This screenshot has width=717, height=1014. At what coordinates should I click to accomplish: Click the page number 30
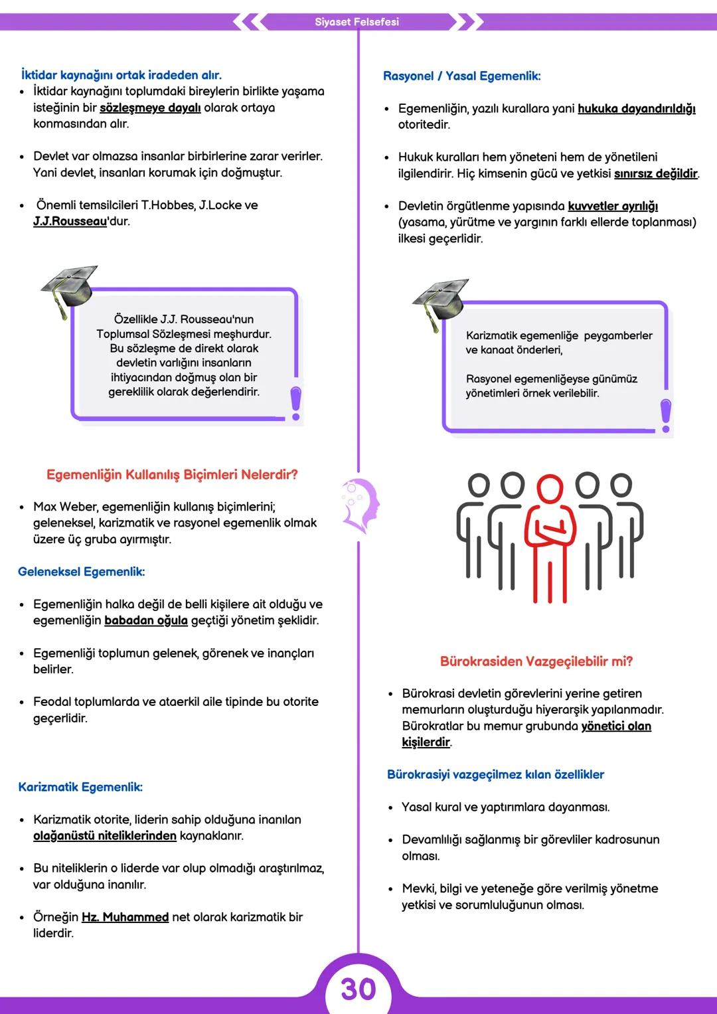point(358,989)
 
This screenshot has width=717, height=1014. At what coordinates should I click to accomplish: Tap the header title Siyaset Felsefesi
point(357,22)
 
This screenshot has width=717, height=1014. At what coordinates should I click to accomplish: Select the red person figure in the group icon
point(550,538)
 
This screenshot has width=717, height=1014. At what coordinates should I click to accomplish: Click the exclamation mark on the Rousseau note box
point(296,403)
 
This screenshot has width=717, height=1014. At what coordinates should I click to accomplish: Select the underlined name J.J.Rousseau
point(70,221)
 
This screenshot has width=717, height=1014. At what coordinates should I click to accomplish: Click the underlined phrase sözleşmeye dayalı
point(150,108)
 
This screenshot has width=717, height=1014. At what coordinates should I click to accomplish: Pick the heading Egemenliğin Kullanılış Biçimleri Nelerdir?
point(172,475)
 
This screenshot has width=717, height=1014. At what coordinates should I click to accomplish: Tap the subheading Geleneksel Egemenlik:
point(81,572)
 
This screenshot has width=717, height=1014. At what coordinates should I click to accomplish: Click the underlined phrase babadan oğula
point(146,620)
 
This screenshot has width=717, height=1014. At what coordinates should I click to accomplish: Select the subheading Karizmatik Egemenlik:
point(80,787)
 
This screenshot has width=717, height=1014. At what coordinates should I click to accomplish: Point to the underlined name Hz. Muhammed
point(125,917)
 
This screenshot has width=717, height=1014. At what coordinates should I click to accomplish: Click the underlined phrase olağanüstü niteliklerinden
point(105,835)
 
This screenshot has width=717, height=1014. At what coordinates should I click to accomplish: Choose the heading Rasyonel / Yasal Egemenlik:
point(461,76)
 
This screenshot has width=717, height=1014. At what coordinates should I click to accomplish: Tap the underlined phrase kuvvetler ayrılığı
point(613,206)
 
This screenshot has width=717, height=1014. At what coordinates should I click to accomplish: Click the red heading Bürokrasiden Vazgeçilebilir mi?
point(536,661)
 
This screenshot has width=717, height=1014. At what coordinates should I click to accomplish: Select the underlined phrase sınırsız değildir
point(655,173)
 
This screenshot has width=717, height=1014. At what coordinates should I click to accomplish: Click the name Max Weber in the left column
point(63,507)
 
